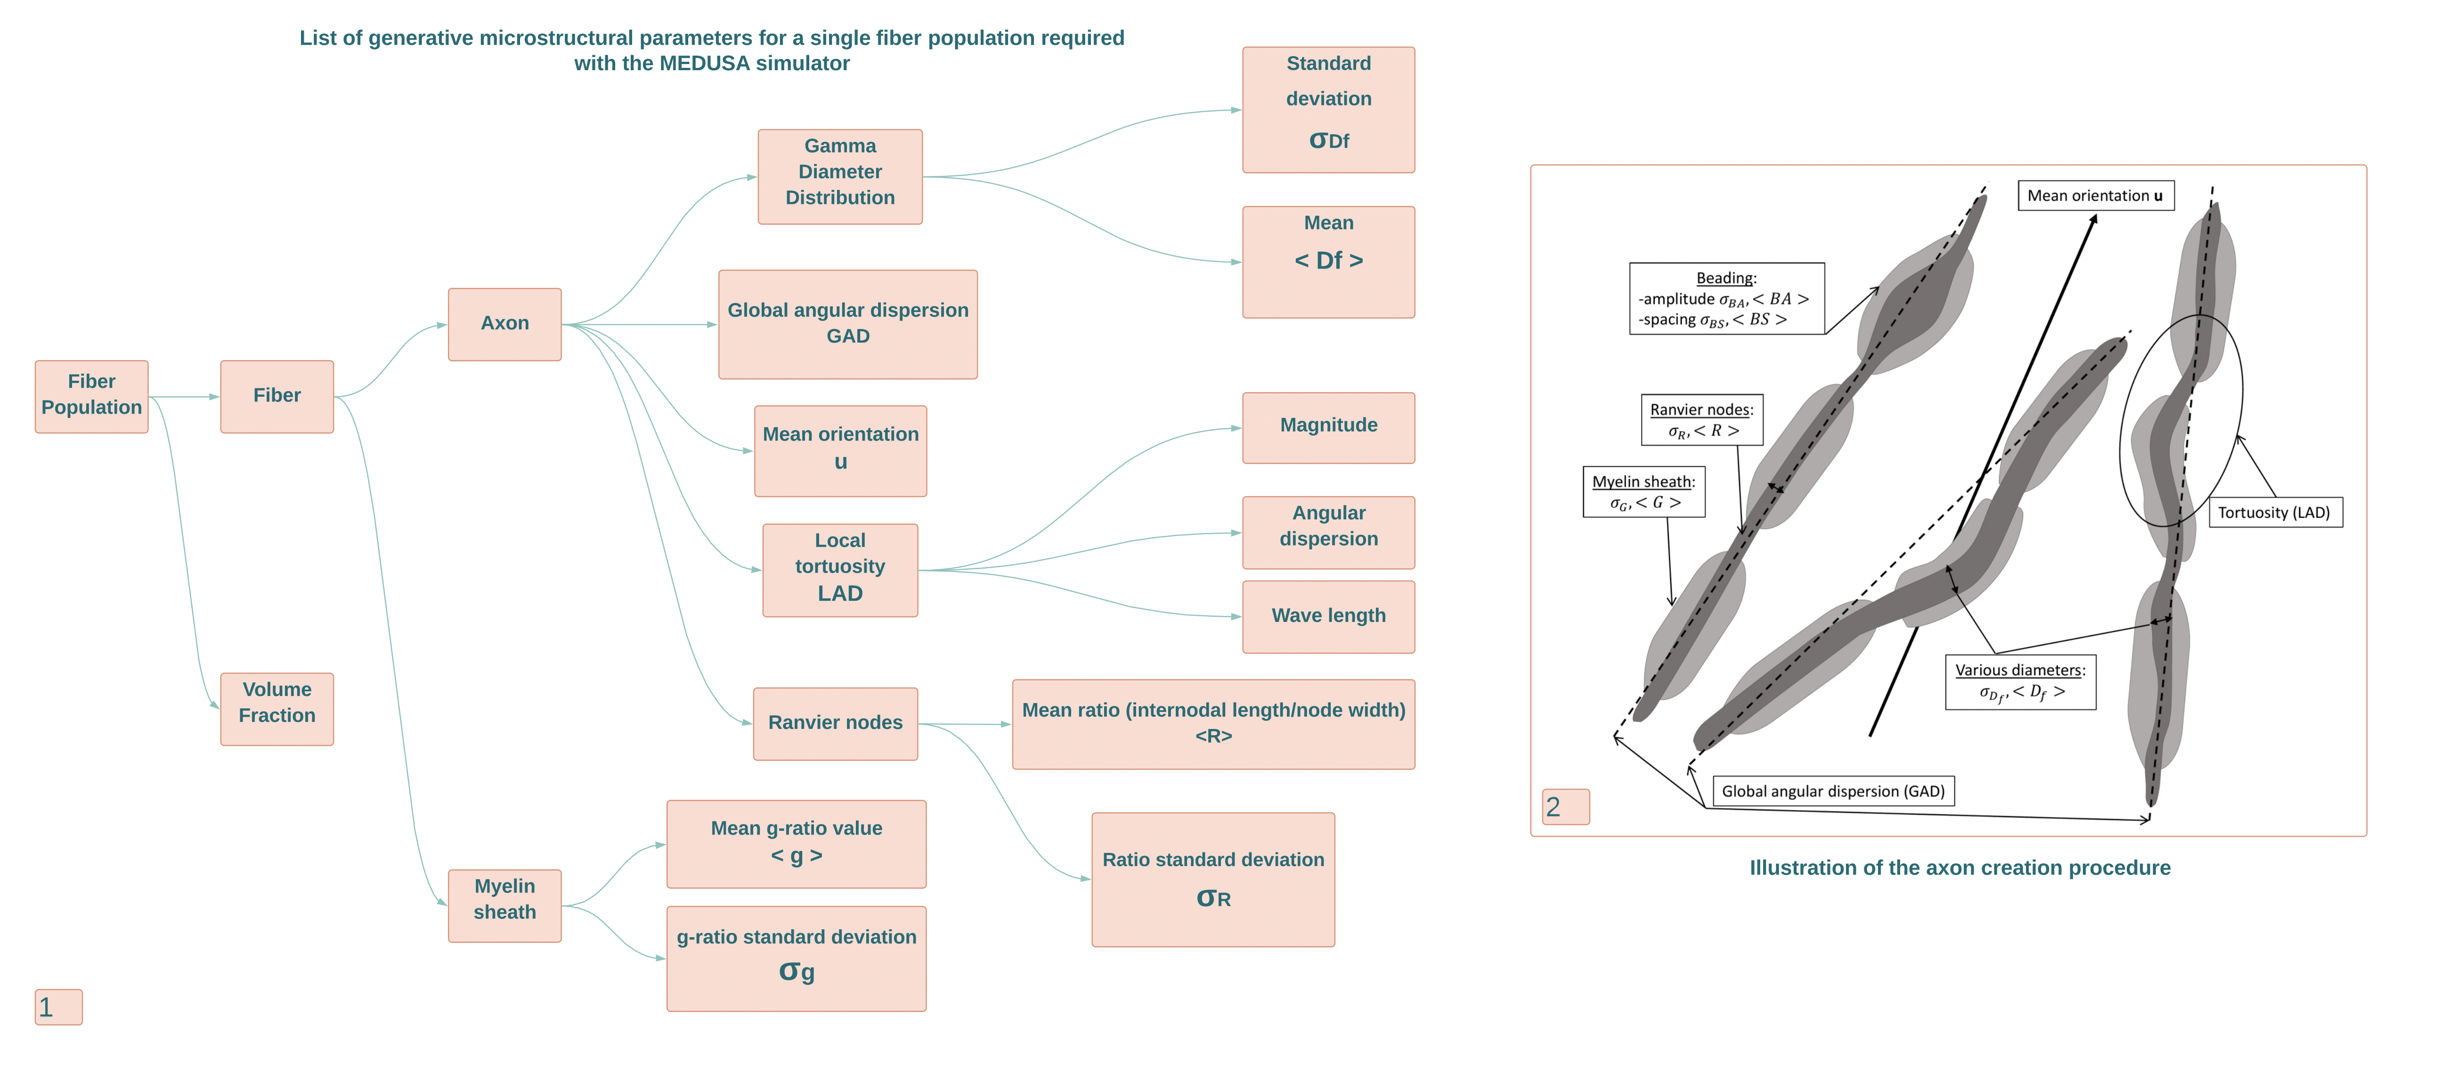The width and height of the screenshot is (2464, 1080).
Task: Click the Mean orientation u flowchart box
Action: (840, 450)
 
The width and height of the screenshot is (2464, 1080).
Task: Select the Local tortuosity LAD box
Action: (840, 569)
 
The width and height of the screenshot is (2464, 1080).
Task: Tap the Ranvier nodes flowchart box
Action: (835, 723)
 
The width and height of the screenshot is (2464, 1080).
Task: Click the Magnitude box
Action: (1328, 426)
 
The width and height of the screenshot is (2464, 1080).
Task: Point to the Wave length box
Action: (1328, 616)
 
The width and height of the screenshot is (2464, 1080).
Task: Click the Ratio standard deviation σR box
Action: (1213, 878)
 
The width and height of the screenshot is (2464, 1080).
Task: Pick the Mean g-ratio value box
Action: (796, 843)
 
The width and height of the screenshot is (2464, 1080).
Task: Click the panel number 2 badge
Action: (1565, 806)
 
